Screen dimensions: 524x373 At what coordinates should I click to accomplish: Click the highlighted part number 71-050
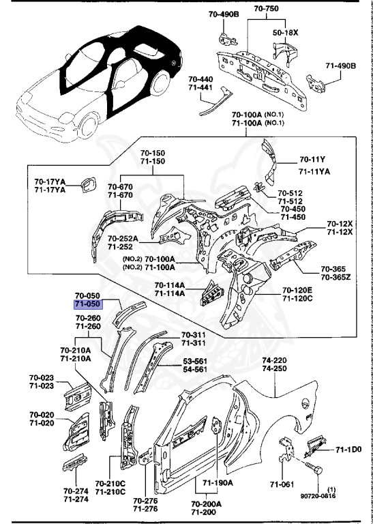click(x=88, y=304)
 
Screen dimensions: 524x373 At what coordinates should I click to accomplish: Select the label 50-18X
click(x=285, y=31)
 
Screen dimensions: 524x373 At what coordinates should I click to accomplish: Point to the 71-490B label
click(x=340, y=65)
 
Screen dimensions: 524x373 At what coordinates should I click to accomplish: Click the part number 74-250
click(x=275, y=368)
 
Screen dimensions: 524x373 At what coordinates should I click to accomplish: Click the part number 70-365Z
click(x=335, y=278)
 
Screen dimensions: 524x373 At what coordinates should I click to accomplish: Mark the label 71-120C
click(x=298, y=299)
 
